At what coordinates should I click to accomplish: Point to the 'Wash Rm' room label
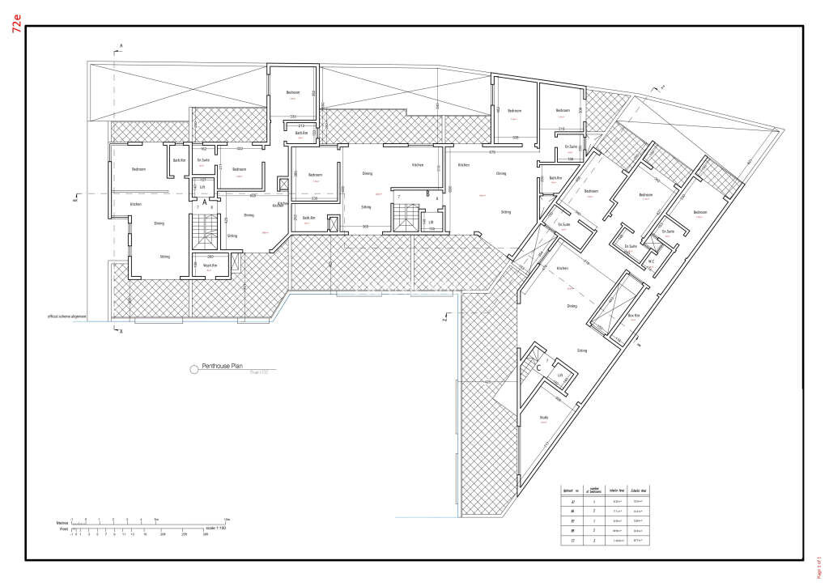click(x=208, y=265)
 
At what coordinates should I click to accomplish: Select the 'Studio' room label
click(x=544, y=418)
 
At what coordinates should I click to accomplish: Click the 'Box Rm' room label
click(x=634, y=315)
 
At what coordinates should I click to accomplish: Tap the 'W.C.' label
click(x=650, y=261)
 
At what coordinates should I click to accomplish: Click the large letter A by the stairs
click(x=205, y=204)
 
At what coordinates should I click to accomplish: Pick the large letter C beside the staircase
click(x=538, y=367)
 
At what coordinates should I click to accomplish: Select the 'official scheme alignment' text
click(x=67, y=316)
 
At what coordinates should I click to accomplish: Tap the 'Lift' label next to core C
click(x=559, y=376)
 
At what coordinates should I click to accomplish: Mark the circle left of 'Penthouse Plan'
click(x=193, y=369)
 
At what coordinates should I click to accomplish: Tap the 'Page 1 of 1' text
click(x=818, y=558)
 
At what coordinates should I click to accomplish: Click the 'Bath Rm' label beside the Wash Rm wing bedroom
click(x=179, y=160)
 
